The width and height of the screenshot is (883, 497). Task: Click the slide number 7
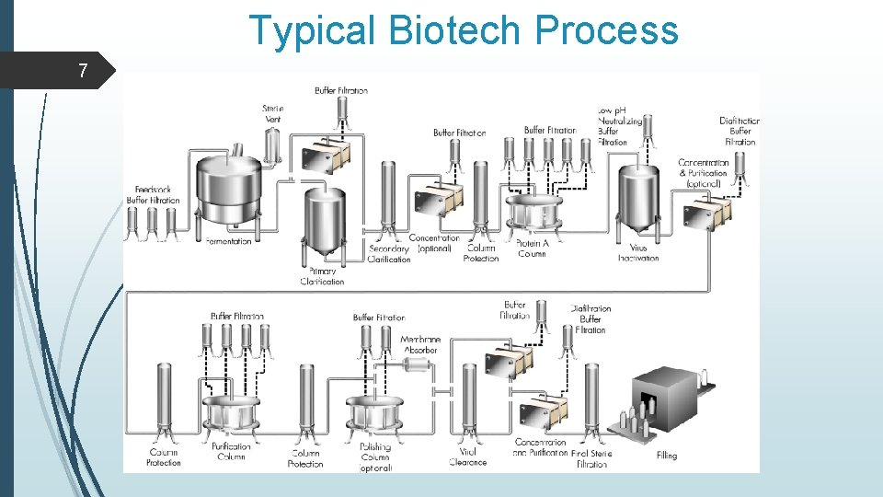coord(84,70)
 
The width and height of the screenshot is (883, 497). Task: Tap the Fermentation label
coord(228,241)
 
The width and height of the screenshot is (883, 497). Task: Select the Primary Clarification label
coord(322,276)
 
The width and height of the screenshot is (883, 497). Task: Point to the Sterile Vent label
coord(272,114)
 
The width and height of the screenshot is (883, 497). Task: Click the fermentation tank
coord(230,189)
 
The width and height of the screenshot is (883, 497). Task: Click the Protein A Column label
coord(532,248)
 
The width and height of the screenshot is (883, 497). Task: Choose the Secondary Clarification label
coord(389,254)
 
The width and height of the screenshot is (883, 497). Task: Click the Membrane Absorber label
coord(420,344)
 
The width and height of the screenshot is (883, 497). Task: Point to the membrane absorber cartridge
coord(417,366)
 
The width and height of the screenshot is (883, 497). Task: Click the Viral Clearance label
coord(468,457)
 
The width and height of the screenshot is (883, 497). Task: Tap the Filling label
coord(667,456)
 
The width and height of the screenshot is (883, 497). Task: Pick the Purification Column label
coord(230,451)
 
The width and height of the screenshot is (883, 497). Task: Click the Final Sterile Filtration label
coord(591,458)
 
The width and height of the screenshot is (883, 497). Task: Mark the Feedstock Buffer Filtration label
coord(153,195)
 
